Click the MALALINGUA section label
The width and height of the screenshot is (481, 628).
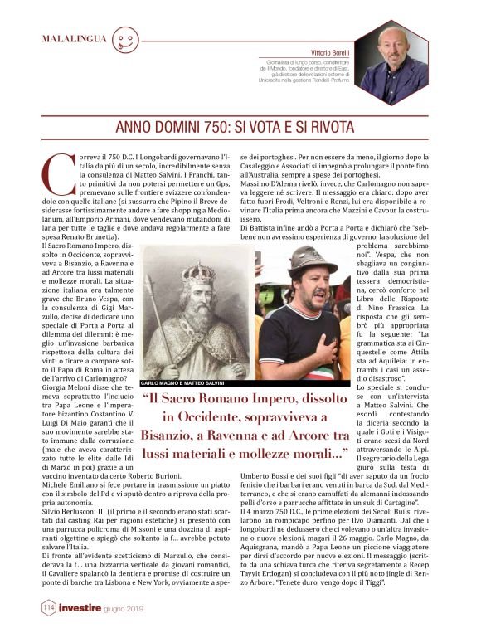(x=73, y=38)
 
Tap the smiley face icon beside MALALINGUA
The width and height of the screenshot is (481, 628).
(x=124, y=39)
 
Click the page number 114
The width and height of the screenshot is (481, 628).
(x=49, y=607)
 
